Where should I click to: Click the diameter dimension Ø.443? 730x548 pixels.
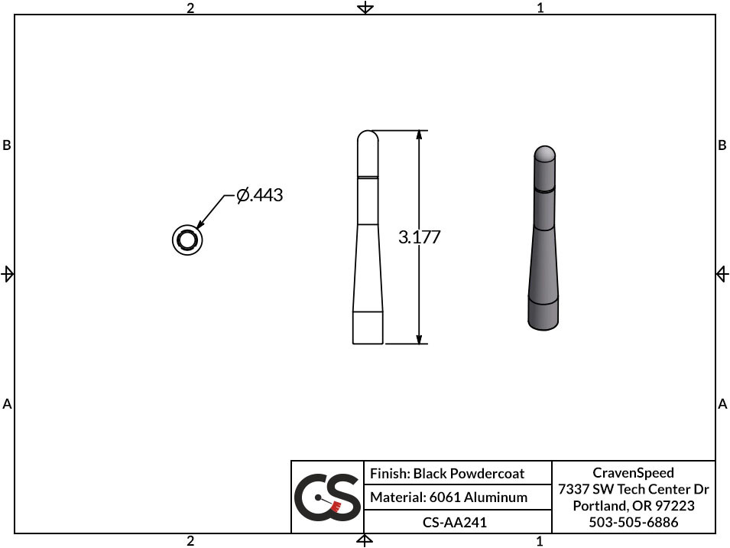pos(260,196)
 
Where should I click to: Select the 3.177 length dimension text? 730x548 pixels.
pos(420,237)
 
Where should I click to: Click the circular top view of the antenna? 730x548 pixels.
pos(187,240)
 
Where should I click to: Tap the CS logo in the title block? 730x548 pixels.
pos(328,497)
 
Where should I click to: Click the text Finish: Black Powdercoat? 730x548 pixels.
pos(447,474)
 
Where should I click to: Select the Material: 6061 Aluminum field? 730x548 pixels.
pos(449,497)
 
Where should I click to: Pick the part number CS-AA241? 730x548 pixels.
pos(455,523)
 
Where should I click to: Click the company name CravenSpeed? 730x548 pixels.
pos(633,473)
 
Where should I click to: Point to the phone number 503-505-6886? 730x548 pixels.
pos(634,523)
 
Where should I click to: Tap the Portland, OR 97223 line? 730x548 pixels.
pos(634,506)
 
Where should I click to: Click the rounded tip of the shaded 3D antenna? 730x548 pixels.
pos(543,153)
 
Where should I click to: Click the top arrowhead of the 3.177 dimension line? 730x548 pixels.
pos(419,135)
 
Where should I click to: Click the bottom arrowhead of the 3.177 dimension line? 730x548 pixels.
pos(419,339)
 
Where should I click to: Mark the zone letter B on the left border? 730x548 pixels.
pos(7,145)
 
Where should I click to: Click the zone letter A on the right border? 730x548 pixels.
pos(722,403)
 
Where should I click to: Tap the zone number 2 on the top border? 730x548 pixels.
pos(190,8)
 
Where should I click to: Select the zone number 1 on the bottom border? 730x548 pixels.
pos(540,541)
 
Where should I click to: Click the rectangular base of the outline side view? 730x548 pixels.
pos(368,328)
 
